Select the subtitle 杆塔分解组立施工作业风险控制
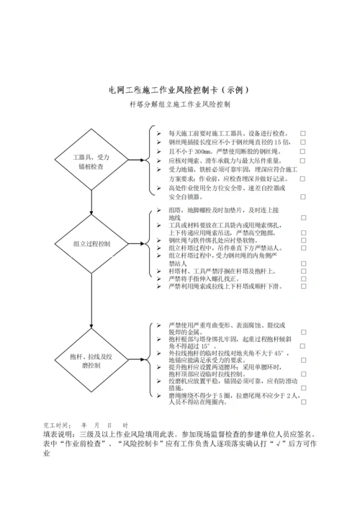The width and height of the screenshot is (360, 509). point(179,104)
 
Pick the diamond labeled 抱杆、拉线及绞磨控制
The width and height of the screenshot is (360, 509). point(91,360)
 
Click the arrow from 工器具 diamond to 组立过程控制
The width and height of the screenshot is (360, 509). point(91,205)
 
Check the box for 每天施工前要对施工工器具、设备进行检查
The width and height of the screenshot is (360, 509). point(302,133)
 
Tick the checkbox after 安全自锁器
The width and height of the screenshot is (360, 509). point(302,196)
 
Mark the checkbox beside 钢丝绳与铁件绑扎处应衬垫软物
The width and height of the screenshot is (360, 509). point(302,240)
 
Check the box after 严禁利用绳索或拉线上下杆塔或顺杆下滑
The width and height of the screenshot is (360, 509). point(302,286)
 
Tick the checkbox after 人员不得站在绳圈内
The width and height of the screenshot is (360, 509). point(302,404)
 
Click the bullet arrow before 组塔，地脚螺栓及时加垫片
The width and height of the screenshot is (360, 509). point(159,211)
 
